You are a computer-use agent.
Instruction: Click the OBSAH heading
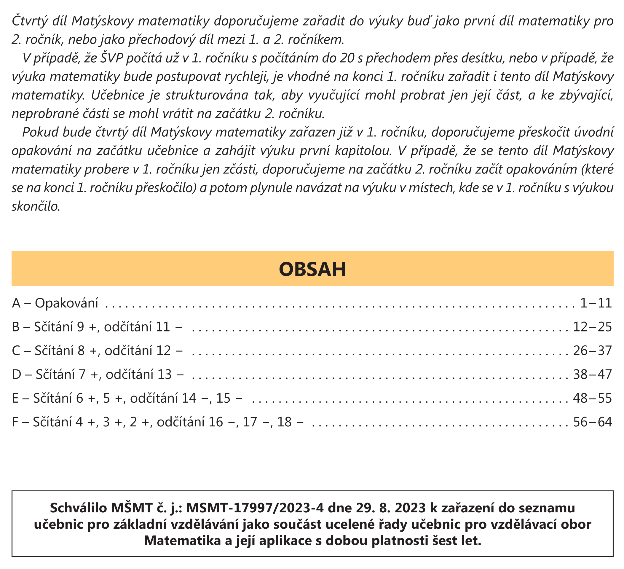[312, 269]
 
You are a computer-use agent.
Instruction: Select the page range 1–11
[596, 303]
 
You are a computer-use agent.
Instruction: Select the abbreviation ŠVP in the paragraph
[109, 58]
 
